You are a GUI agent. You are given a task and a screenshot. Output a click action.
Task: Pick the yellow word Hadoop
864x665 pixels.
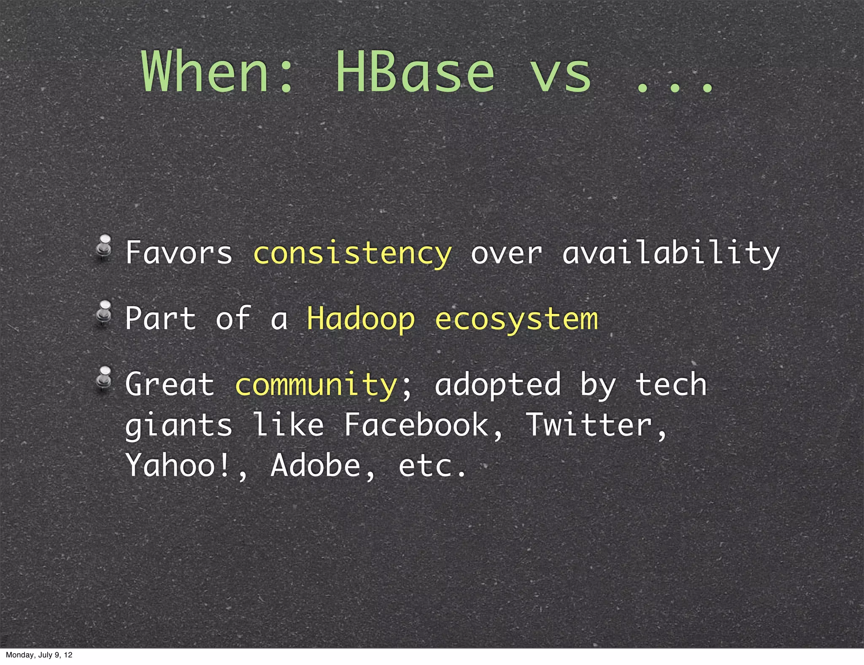click(361, 319)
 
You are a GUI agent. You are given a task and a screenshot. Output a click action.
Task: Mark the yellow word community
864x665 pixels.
click(316, 385)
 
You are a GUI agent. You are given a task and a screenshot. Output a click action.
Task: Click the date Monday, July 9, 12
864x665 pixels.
click(39, 655)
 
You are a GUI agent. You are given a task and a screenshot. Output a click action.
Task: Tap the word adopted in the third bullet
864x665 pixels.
click(498, 385)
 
